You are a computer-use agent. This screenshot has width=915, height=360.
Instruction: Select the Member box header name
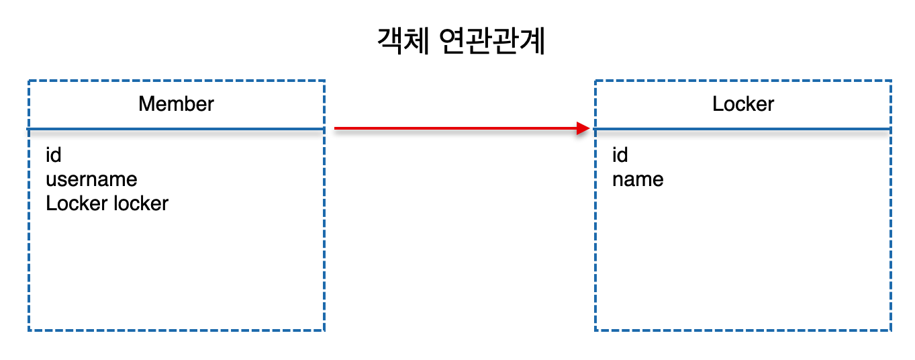pos(176,104)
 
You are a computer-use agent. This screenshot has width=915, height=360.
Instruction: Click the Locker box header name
pos(743,104)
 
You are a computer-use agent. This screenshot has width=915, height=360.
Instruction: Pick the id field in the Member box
pos(54,155)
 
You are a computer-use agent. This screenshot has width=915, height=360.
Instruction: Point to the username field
pos(91,179)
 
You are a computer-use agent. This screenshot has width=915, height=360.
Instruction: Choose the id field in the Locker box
pos(620,155)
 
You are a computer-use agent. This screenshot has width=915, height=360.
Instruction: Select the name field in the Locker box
pos(638,179)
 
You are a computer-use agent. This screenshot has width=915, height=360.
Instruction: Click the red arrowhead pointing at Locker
pos(583,128)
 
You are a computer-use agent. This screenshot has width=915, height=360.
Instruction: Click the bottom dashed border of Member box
pos(176,330)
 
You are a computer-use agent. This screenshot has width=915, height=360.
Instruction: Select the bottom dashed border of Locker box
pos(743,330)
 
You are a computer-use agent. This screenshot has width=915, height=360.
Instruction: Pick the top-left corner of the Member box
pos(29,81)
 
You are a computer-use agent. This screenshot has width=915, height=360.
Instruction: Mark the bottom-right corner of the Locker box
pos(891,330)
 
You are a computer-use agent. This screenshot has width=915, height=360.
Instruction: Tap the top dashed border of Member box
pos(176,81)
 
